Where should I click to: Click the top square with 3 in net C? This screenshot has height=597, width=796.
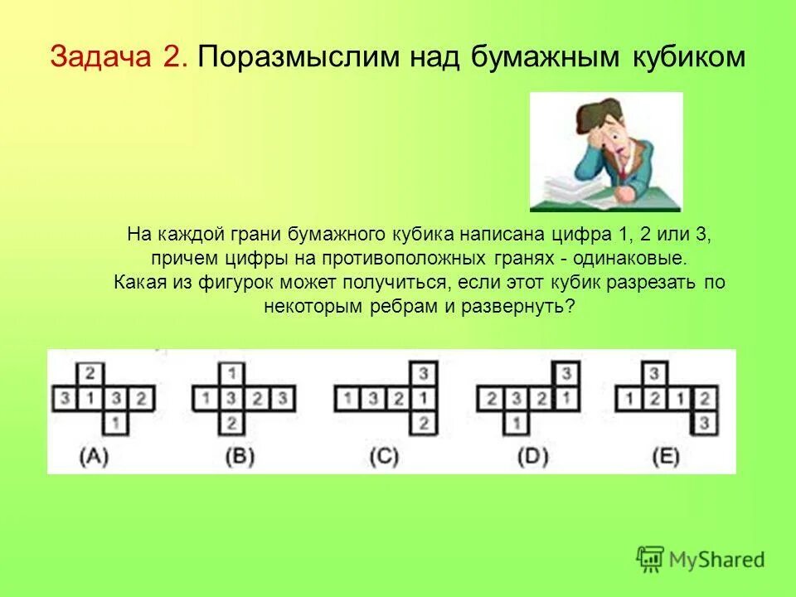[x=423, y=373]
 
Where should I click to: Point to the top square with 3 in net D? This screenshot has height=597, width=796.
[x=565, y=373]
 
